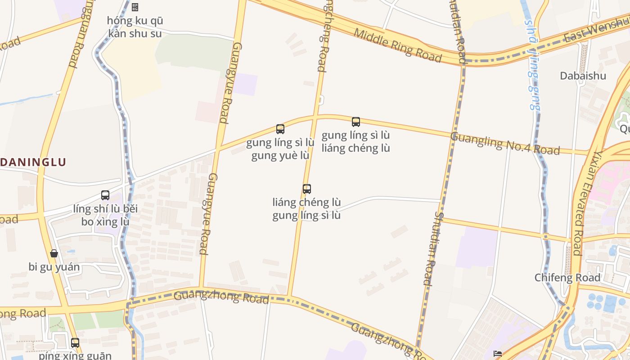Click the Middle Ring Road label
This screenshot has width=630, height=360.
[397, 45]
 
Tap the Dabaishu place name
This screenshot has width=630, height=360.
[583, 76]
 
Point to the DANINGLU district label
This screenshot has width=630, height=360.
[33, 162]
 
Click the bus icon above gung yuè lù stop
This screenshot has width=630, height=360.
[280, 129]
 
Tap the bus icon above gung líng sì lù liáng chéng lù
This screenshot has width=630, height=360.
[356, 121]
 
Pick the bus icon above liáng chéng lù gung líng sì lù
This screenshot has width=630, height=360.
[307, 189]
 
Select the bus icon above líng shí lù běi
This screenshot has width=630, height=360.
[105, 195]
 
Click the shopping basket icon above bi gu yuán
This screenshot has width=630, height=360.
[54, 253]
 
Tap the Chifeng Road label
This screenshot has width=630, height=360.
[567, 278]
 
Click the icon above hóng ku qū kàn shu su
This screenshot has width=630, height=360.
[135, 7]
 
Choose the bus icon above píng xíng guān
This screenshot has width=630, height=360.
[75, 342]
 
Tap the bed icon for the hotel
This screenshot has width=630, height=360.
[498, 354]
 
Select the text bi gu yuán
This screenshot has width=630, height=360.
[54, 267]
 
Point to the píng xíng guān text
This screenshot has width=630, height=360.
[75, 355]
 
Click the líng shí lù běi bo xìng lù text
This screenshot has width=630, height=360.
[105, 215]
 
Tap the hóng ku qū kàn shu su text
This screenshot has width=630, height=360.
[135, 27]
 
